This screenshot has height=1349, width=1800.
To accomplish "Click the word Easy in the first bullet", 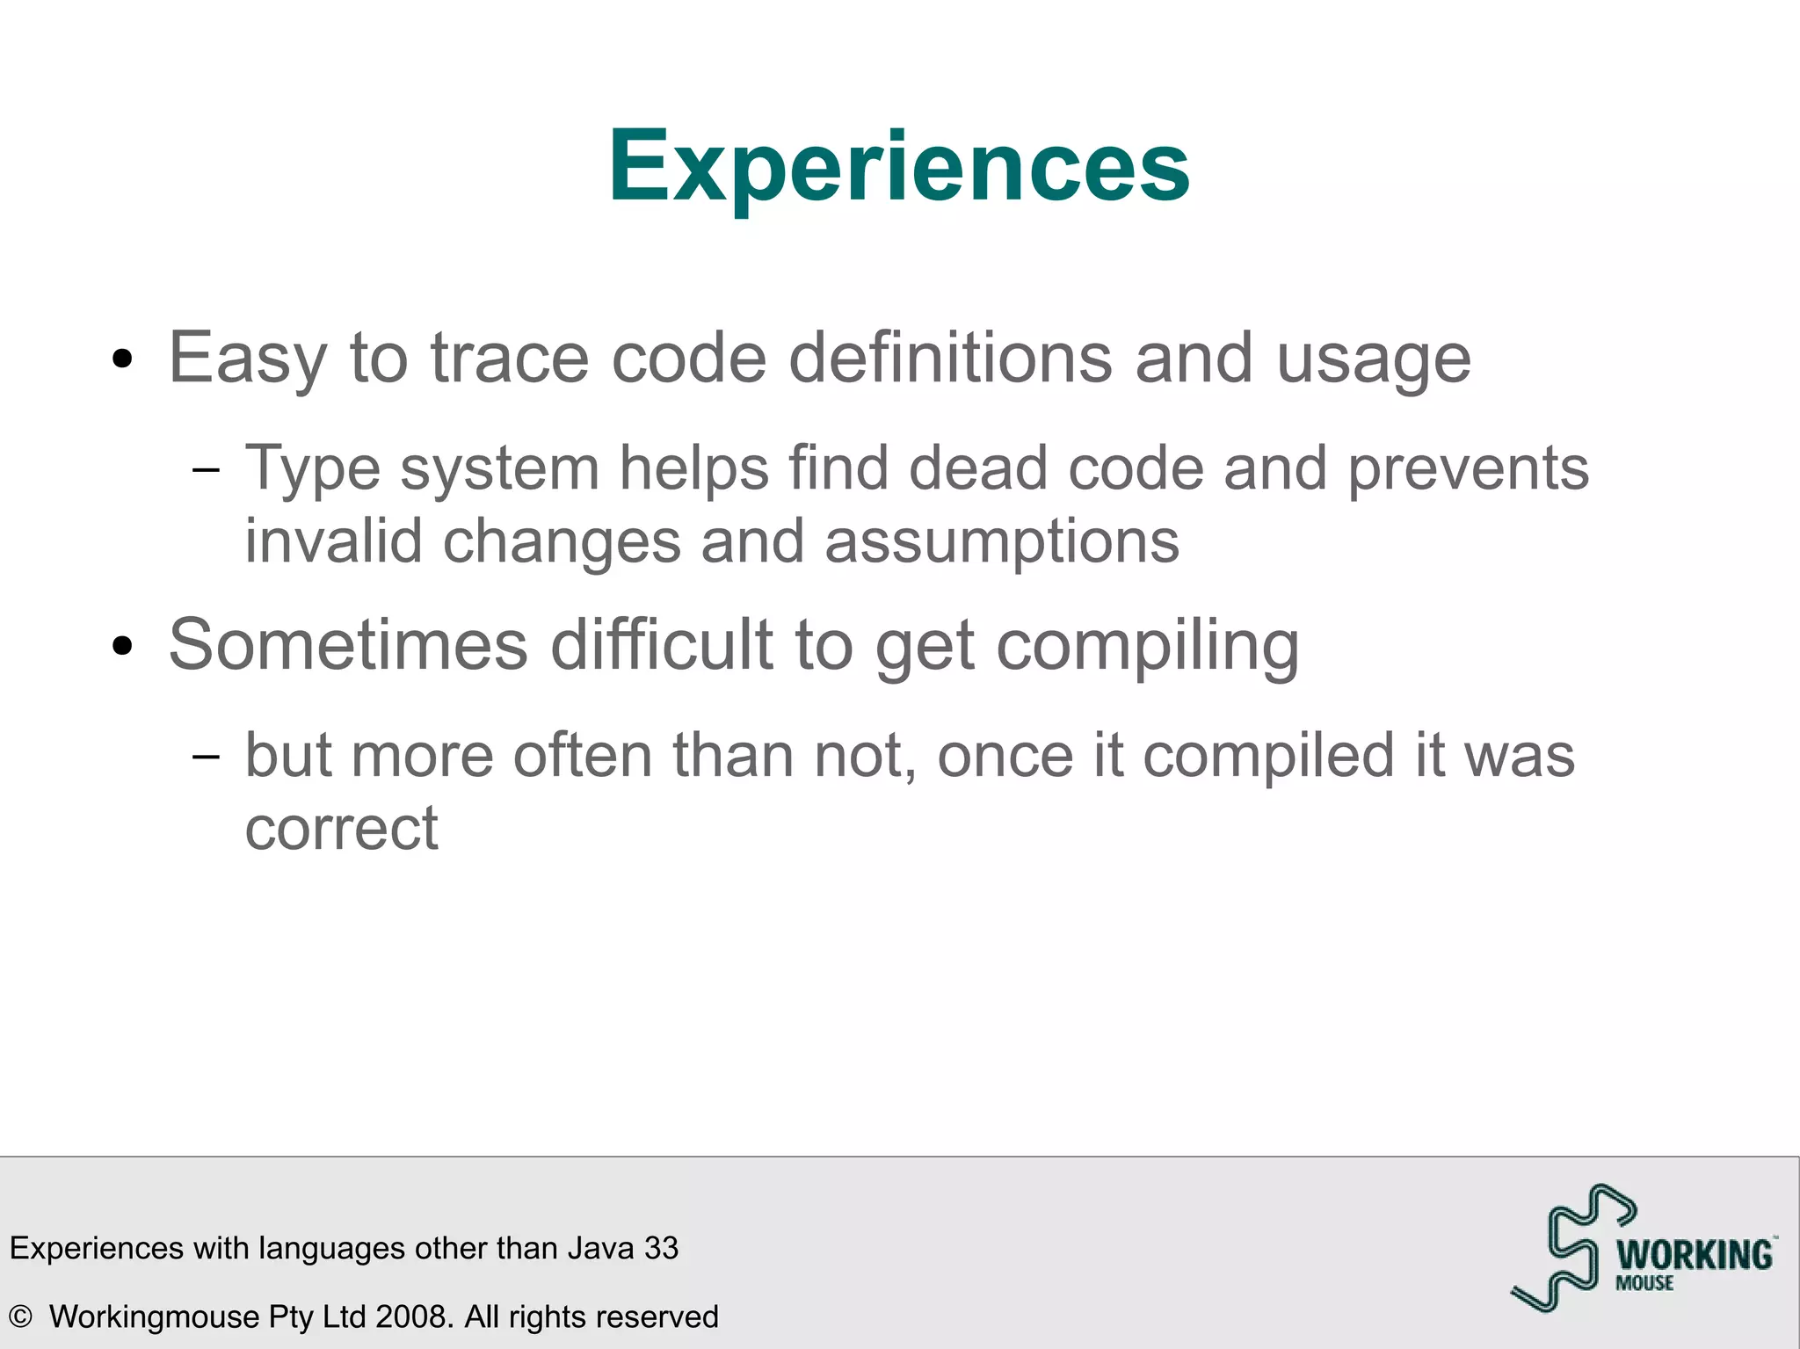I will (247, 359).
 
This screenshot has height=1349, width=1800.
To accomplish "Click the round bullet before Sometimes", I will (122, 647).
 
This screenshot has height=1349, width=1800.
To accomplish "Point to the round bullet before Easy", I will (122, 359).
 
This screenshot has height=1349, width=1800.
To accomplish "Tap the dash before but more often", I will (206, 756).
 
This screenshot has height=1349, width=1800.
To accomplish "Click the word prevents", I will (1468, 469).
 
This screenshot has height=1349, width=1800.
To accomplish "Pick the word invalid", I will (333, 541).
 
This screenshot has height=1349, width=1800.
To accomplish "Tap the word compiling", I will (1147, 647).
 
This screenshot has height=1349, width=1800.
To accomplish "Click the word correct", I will (341, 829).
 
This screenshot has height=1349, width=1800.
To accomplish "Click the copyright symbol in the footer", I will (20, 1316).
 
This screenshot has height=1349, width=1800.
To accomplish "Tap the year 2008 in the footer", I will (413, 1316).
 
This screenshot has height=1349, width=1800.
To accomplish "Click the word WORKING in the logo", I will (1694, 1255).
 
